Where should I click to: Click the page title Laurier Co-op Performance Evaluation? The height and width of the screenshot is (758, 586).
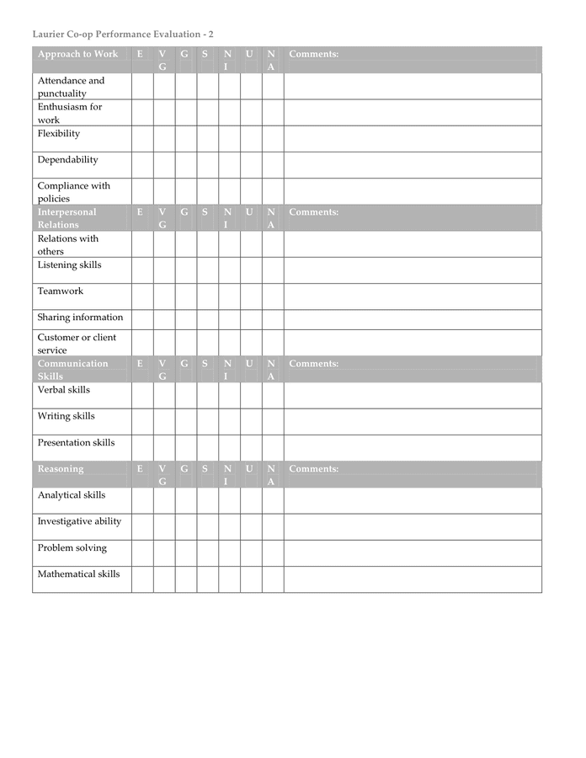[x=123, y=34]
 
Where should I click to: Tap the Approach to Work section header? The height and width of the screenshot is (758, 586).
[x=77, y=55]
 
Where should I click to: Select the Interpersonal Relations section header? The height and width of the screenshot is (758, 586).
[x=67, y=218]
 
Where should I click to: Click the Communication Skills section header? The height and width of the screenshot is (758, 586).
[x=72, y=370]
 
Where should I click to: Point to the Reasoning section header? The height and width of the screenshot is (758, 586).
[x=61, y=469]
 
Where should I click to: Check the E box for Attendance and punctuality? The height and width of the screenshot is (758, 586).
[x=142, y=87]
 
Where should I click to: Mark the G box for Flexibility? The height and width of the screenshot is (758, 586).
[x=186, y=139]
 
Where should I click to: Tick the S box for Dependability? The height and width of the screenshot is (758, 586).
[x=208, y=165]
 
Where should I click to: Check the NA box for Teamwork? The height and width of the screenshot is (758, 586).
[x=272, y=296]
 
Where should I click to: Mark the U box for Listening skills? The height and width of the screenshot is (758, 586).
[x=251, y=270]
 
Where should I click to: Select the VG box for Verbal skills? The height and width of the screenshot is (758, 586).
[x=164, y=396]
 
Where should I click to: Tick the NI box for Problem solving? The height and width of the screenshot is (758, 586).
[x=229, y=553]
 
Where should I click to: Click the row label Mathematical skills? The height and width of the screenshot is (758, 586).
[x=78, y=574]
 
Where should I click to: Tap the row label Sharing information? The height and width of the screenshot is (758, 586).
[x=80, y=318]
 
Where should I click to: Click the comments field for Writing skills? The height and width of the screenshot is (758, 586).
[x=412, y=422]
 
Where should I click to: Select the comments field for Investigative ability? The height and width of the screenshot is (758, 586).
[x=412, y=527]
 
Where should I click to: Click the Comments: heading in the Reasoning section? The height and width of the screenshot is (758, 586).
[x=314, y=469]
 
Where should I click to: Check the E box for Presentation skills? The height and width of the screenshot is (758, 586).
[x=142, y=448]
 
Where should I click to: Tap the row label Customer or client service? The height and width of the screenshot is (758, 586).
[x=77, y=343]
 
